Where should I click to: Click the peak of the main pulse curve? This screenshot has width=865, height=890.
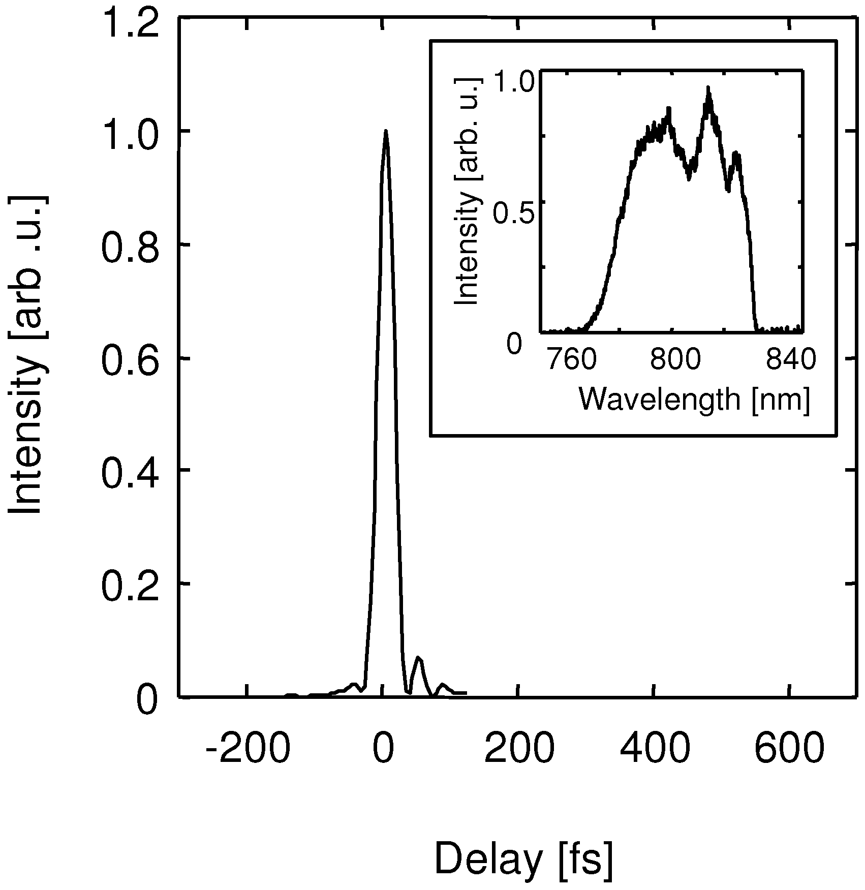pyautogui.click(x=386, y=131)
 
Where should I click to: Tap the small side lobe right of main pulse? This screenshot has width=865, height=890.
pyautogui.click(x=418, y=658)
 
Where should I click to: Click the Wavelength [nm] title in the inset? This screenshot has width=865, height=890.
pyautogui.click(x=694, y=400)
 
